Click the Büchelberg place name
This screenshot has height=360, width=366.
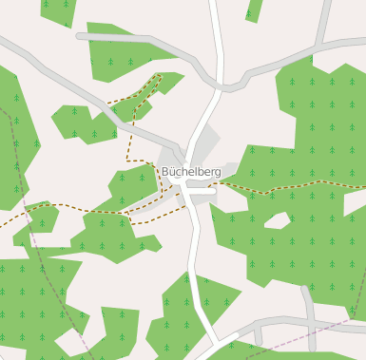point(191,172)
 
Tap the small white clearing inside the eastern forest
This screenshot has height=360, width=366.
point(277,221)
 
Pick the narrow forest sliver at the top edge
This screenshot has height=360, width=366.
point(254,9)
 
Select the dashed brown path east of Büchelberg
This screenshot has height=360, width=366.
point(285,187)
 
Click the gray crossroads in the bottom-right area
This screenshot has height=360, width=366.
point(309,323)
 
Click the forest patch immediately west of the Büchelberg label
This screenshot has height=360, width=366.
point(133,185)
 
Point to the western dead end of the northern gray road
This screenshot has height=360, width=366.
point(81,37)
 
